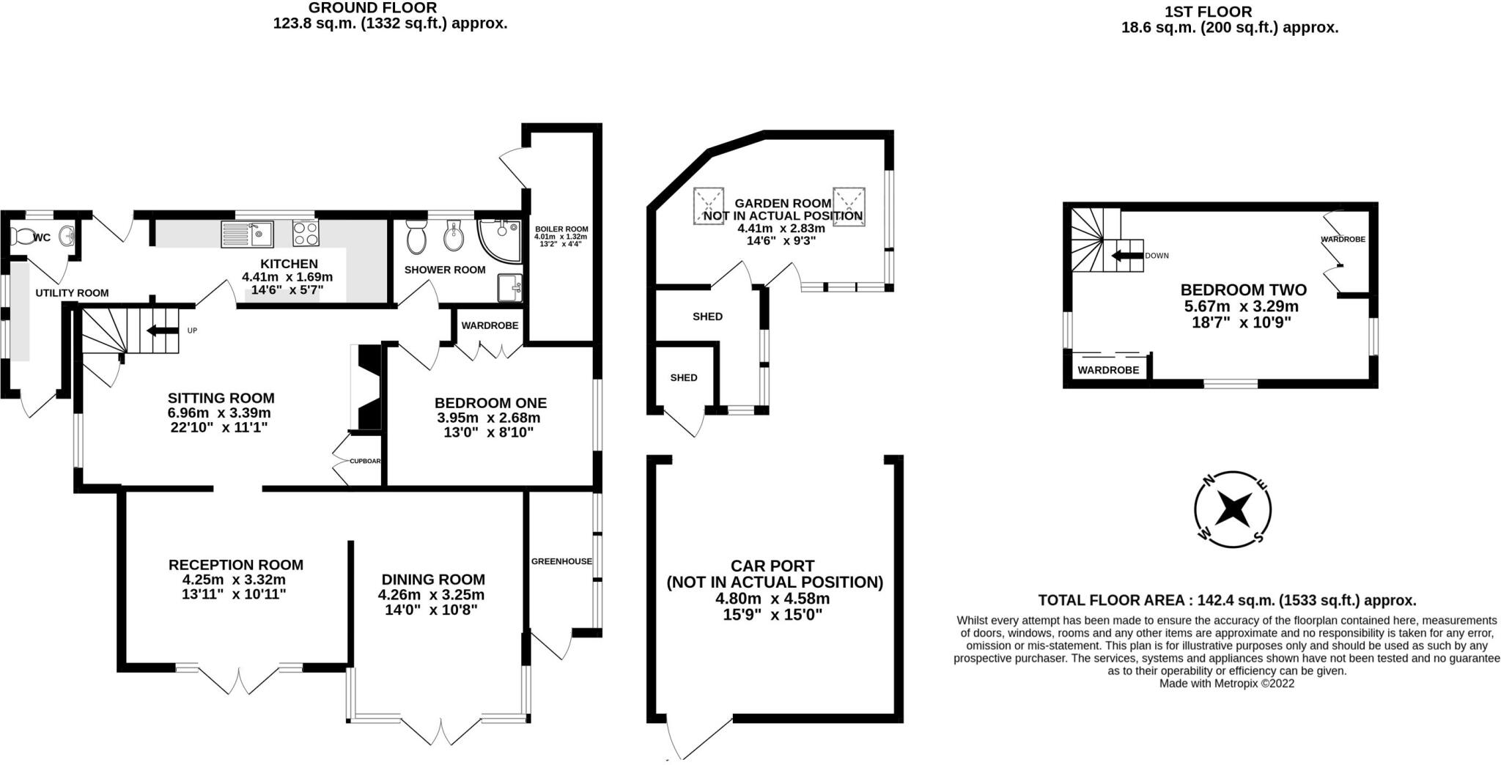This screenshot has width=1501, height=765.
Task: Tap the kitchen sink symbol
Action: [246, 234]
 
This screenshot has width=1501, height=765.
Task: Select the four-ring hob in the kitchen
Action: [306, 233]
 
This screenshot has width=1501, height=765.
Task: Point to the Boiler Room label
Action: [561, 229]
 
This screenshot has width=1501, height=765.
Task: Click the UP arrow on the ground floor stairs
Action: [163, 330]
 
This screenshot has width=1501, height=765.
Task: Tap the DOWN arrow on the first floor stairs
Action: [1127, 256]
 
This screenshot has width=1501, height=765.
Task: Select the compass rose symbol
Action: [1233, 509]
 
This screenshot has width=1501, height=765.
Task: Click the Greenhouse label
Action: [561, 561]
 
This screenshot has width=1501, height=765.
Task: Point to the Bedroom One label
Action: [490, 403]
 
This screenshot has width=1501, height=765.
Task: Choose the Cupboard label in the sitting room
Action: [364, 461]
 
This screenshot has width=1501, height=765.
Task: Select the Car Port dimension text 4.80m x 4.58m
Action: [772, 598]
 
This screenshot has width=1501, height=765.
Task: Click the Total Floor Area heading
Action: [1226, 600]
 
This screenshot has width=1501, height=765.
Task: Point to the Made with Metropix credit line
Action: [1226, 684]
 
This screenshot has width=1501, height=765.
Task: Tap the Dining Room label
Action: [432, 580]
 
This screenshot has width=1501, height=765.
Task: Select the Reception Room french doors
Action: [239, 679]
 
